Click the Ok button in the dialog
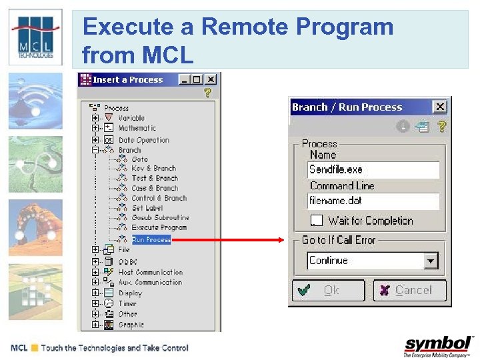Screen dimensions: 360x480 coord(329,291)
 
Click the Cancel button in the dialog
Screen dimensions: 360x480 coord(409,291)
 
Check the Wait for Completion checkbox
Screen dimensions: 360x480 coord(316,221)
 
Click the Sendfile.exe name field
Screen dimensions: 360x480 coord(373,170)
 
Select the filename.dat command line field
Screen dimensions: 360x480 coord(373,201)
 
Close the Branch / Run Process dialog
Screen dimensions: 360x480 coord(439,107)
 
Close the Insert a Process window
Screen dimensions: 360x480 coord(211,79)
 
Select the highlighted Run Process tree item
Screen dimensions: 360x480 coord(151,239)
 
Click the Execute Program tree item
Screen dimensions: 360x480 coord(159,227)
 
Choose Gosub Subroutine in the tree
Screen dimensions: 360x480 coord(160,217)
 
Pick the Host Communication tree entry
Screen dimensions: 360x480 coord(150,272)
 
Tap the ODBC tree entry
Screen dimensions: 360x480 coord(127,262)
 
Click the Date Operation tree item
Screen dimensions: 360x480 coord(143,140)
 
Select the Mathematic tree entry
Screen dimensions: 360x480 coord(137,128)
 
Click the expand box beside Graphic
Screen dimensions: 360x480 coord(96,325)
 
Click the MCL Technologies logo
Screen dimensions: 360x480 coord(35,37)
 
